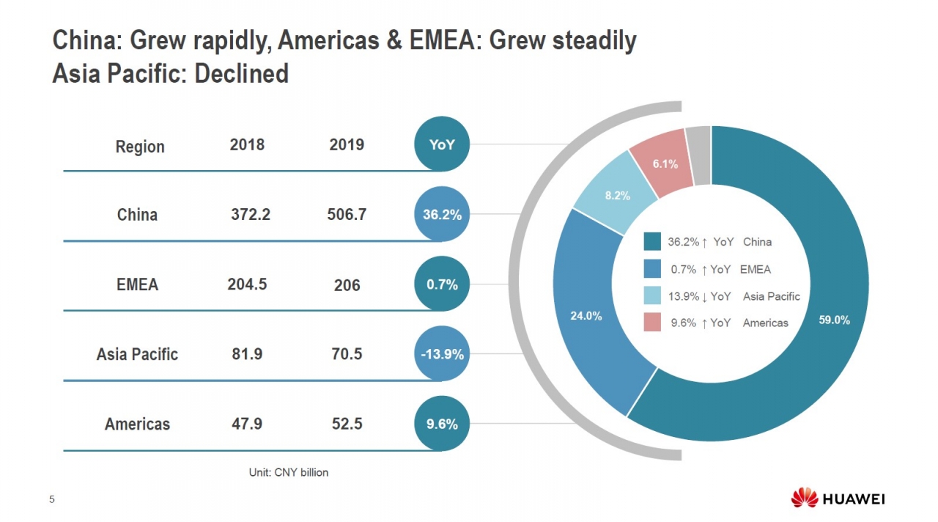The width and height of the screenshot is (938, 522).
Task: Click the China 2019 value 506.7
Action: click(x=347, y=215)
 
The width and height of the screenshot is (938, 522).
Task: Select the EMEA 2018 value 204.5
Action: click(x=247, y=284)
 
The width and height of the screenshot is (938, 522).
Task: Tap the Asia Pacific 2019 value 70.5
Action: click(x=347, y=354)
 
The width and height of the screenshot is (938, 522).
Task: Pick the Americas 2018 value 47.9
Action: click(x=247, y=424)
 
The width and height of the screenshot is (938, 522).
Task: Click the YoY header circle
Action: click(x=442, y=145)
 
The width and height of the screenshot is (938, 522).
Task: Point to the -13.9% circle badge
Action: click(x=442, y=354)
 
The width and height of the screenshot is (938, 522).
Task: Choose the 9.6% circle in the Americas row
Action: click(x=442, y=424)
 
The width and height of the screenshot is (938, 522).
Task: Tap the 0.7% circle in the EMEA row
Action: click(x=442, y=284)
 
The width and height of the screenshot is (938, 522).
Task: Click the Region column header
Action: click(x=140, y=147)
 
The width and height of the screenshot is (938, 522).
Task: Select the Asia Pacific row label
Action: click(x=137, y=355)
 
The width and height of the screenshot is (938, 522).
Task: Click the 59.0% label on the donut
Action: click(x=834, y=320)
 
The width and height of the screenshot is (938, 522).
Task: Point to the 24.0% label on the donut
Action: click(x=586, y=317)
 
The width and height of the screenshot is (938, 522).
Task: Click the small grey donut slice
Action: click(x=698, y=155)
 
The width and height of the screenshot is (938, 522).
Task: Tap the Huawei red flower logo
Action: click(x=804, y=499)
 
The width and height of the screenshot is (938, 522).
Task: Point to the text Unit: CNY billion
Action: click(x=289, y=473)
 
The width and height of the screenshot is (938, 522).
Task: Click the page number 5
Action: click(x=51, y=500)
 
